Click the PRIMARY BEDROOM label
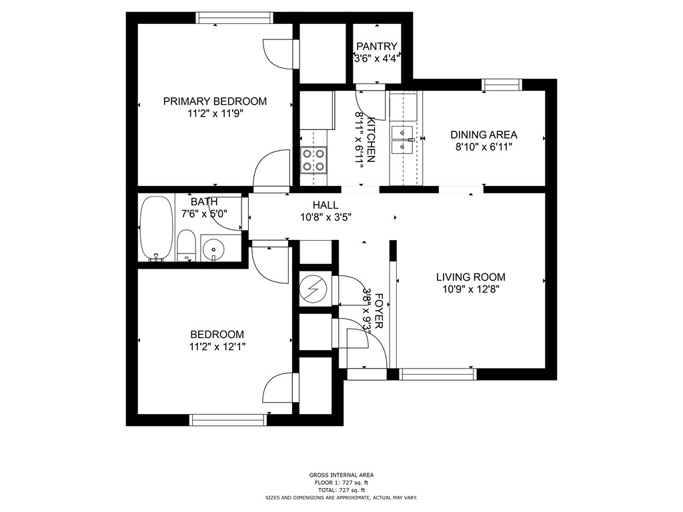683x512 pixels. pos(215,101)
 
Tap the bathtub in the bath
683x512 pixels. pos(156,229)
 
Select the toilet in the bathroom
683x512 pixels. pos(187,245)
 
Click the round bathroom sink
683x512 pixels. pos(213,249)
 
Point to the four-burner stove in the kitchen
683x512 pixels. pos(313,160)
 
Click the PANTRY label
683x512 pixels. pos(377,46)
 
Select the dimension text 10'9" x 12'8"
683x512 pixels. pos(471,289)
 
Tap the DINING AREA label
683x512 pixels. pos(484,135)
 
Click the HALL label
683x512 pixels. pos(325,205)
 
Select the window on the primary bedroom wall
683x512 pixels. pos(234,18)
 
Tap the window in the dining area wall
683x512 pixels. pos(502,85)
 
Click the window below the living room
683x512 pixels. pos(438,374)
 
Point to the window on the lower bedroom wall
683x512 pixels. pos(228,420)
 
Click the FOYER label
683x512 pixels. pos(379,311)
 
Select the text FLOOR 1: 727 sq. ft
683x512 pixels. pos(341,483)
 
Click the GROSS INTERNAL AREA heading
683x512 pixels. pos(341,475)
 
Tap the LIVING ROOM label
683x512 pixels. pos(471,277)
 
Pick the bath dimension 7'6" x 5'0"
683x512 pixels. pos(204,213)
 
